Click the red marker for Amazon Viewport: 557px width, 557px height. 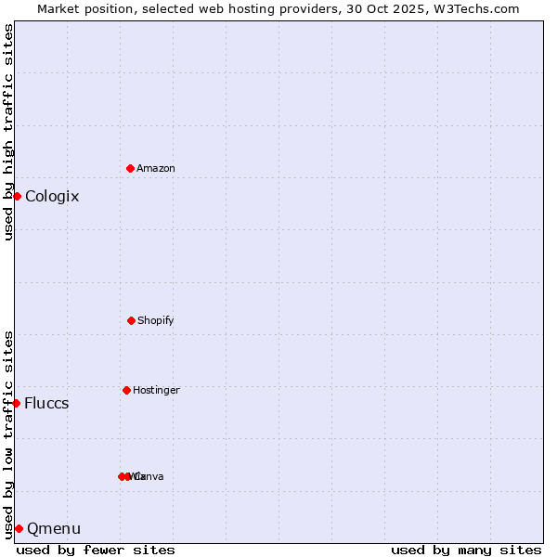(130, 168)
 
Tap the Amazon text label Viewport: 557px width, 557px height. (156, 168)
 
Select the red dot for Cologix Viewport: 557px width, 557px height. (17, 196)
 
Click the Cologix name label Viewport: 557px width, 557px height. (52, 196)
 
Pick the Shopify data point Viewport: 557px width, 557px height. (131, 320)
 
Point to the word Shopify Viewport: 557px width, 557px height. (156, 320)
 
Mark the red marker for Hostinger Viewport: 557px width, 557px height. (126, 390)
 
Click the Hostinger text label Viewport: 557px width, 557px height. (156, 390)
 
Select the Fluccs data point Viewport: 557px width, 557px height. (16, 403)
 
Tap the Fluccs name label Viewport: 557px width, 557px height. (46, 403)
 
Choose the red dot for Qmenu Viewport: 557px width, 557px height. (19, 528)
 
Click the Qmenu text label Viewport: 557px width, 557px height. (54, 528)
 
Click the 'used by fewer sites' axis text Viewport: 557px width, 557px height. (96, 550)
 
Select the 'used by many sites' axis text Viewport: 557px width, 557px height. (466, 550)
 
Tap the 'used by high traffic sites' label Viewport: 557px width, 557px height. (8, 132)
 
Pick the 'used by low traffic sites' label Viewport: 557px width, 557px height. (8, 434)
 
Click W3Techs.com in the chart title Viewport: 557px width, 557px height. (479, 8)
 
